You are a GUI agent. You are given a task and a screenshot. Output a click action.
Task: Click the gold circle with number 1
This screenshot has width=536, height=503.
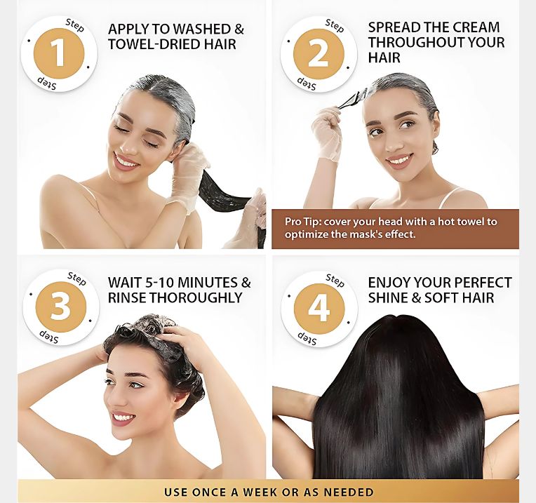point(59,53)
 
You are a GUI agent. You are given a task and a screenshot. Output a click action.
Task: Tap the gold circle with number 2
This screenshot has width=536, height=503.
point(319,54)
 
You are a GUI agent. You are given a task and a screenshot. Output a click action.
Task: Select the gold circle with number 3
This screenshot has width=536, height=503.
point(61,307)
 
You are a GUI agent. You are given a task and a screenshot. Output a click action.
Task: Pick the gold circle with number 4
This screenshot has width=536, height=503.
point(319,308)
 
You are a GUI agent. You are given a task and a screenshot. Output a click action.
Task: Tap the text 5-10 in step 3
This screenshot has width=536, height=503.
point(160,283)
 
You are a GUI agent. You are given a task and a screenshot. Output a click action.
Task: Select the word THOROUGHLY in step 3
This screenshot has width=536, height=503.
point(196,297)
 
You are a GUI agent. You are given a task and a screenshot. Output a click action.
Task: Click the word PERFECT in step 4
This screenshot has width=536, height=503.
point(482,283)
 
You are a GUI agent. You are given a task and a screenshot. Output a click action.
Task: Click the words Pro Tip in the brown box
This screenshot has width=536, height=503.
point(303,222)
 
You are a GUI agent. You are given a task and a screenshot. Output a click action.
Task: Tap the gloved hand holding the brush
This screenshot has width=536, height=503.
point(327,133)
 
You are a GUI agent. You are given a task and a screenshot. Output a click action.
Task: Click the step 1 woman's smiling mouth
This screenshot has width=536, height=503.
point(126,161)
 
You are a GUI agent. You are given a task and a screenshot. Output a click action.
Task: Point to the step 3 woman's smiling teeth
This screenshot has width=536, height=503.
point(122,417)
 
